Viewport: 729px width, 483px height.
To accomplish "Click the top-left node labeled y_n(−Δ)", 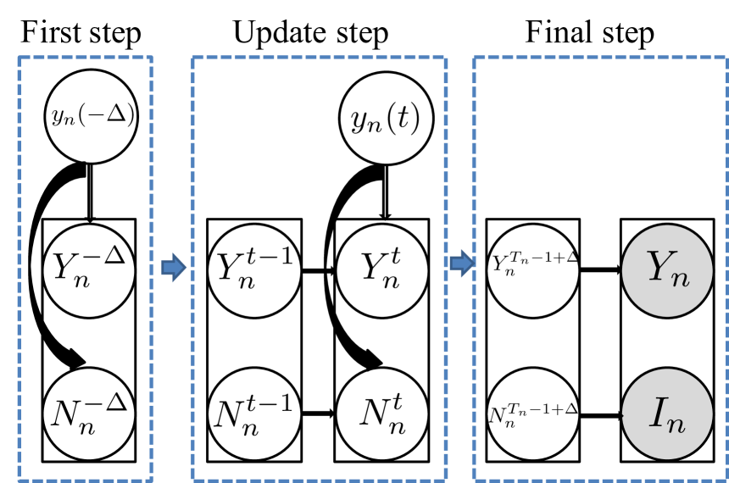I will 91,116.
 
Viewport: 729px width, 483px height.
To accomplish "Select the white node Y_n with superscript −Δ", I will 88,270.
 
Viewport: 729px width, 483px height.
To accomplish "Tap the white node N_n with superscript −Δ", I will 88,414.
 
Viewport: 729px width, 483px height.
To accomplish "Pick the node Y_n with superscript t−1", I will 253,270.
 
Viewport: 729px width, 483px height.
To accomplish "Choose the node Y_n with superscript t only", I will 381,270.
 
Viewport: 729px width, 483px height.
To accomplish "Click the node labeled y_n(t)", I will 386,119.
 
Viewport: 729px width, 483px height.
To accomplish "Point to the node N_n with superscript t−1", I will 253,414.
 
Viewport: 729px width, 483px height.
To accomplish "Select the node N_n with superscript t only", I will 381,414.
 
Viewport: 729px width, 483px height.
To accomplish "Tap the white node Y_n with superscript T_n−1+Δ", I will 532,270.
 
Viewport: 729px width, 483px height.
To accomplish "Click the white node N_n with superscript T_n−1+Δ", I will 532,414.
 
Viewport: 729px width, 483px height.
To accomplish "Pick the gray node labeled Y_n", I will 666,270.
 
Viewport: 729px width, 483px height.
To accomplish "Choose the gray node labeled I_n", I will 666,414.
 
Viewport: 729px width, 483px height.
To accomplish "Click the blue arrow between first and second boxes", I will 174,267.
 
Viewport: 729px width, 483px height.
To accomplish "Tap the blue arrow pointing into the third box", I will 462,263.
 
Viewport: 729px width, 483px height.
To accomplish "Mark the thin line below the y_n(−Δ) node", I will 90,191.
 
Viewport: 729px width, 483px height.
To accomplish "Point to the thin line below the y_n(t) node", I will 385,191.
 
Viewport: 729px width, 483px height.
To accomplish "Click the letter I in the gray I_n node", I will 659,411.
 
